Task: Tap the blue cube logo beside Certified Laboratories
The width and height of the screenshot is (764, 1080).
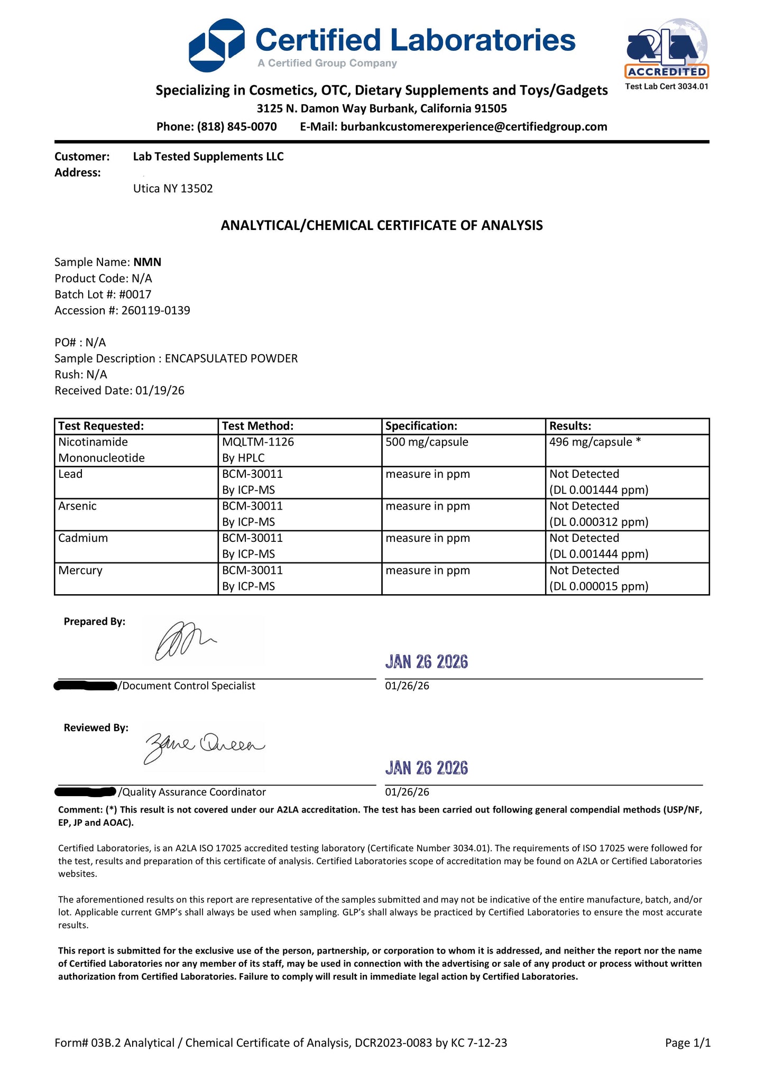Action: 217,45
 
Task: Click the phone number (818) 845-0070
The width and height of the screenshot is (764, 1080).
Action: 237,127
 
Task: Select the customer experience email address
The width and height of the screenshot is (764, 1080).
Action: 474,127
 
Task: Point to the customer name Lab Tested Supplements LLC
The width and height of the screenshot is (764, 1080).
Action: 208,156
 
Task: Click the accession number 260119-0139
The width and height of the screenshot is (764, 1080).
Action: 155,310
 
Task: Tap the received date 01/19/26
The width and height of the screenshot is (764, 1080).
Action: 160,391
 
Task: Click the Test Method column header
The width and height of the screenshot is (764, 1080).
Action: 257,426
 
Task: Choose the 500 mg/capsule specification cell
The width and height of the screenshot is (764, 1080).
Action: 427,442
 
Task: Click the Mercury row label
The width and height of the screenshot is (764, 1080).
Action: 80,570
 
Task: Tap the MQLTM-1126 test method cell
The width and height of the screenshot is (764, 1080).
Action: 257,442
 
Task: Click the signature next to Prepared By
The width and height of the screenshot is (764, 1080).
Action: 185,641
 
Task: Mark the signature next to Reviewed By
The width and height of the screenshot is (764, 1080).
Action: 204,747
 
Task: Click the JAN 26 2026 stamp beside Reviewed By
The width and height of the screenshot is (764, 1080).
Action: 426,768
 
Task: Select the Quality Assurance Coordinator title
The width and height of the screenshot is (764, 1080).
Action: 194,792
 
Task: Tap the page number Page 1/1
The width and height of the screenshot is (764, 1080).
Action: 687,1042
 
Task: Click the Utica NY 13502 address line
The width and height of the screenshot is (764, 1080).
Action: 173,189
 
